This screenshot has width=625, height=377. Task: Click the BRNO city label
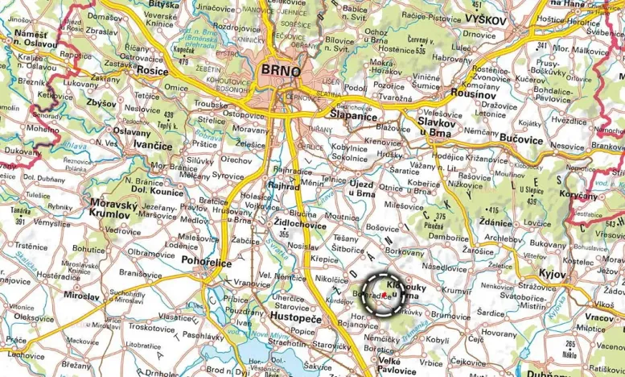[x=281, y=70]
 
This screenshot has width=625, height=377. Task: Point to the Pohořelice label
[x=184, y=263]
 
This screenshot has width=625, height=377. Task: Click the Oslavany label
[x=131, y=131]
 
